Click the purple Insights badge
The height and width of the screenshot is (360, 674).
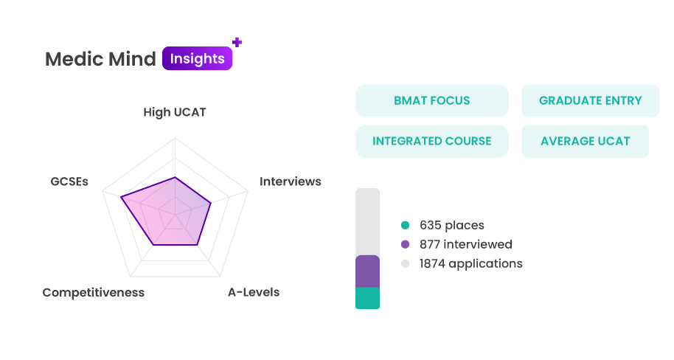pyautogui.click(x=198, y=58)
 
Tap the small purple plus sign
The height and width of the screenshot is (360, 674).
pyautogui.click(x=237, y=42)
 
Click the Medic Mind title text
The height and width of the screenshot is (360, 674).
pyautogui.click(x=100, y=59)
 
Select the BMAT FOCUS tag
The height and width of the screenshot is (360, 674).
pyautogui.click(x=432, y=100)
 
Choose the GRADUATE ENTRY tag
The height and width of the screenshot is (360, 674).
pyautogui.click(x=590, y=100)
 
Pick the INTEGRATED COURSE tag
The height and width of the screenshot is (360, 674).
pyautogui.click(x=432, y=141)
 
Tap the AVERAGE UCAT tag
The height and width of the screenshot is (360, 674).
pyautogui.click(x=585, y=141)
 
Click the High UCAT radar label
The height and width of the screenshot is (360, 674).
pyautogui.click(x=175, y=112)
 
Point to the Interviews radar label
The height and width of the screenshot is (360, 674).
pyautogui.click(x=290, y=181)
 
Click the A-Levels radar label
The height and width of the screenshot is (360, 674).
pyautogui.click(x=254, y=292)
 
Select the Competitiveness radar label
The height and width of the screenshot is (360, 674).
pyautogui.click(x=93, y=292)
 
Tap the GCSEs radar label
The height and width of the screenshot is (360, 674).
pyautogui.click(x=69, y=181)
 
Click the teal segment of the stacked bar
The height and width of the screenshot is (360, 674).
pyautogui.click(x=367, y=298)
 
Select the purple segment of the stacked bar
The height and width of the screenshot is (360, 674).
pyautogui.click(x=367, y=271)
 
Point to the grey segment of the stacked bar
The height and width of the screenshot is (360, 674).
pyautogui.click(x=367, y=222)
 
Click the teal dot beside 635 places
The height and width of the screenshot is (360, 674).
pyautogui.click(x=405, y=225)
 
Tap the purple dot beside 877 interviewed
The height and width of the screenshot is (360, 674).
pyautogui.click(x=405, y=244)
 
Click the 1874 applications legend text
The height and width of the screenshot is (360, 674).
pyautogui.click(x=471, y=263)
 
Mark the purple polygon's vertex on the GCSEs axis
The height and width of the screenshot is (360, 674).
pyautogui.click(x=121, y=197)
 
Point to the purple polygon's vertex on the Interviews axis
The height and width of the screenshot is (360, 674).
pyautogui.click(x=211, y=203)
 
